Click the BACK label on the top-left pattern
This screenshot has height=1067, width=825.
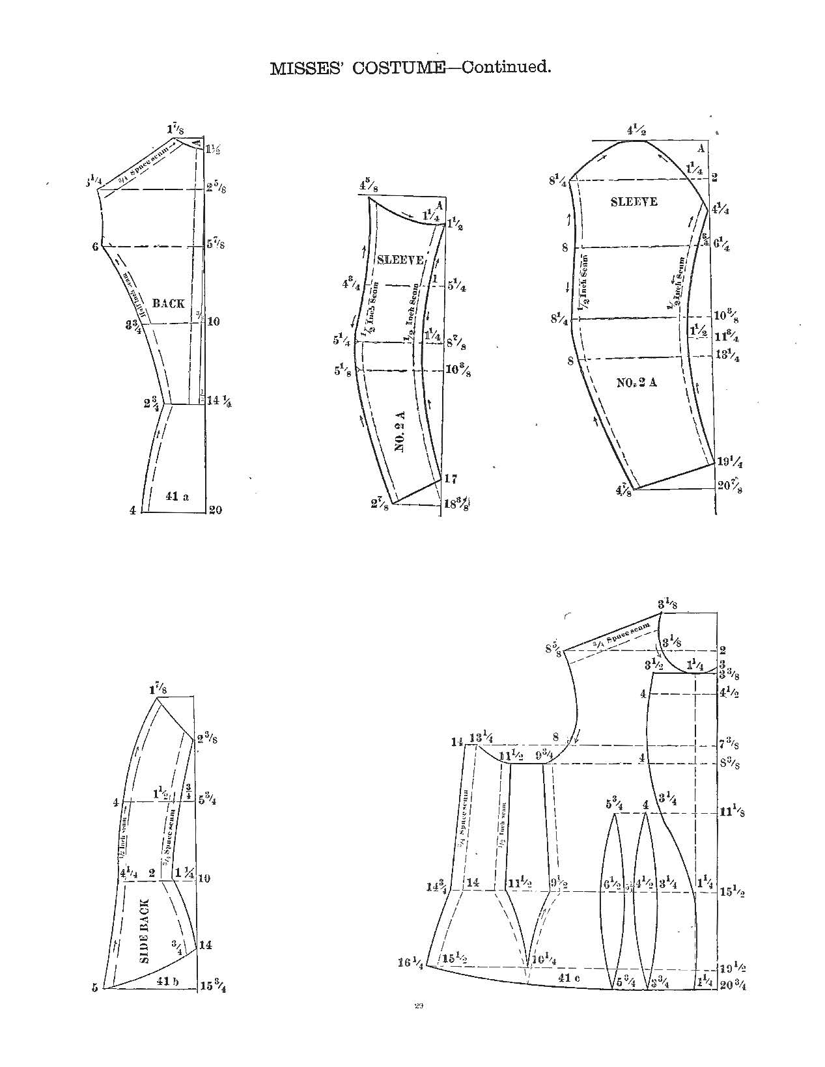tap(168, 303)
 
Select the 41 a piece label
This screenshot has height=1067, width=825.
tap(177, 496)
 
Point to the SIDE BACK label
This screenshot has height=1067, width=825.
tap(145, 931)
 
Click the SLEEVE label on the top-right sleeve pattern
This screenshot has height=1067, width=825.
tap(634, 202)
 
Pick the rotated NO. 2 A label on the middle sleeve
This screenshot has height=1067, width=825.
tap(400, 432)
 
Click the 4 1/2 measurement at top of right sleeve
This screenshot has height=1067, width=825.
tap(636, 131)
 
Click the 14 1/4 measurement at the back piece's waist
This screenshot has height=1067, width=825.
tap(220, 402)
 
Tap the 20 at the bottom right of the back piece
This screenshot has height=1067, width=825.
tap(215, 510)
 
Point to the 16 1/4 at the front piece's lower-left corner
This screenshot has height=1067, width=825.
tap(411, 963)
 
